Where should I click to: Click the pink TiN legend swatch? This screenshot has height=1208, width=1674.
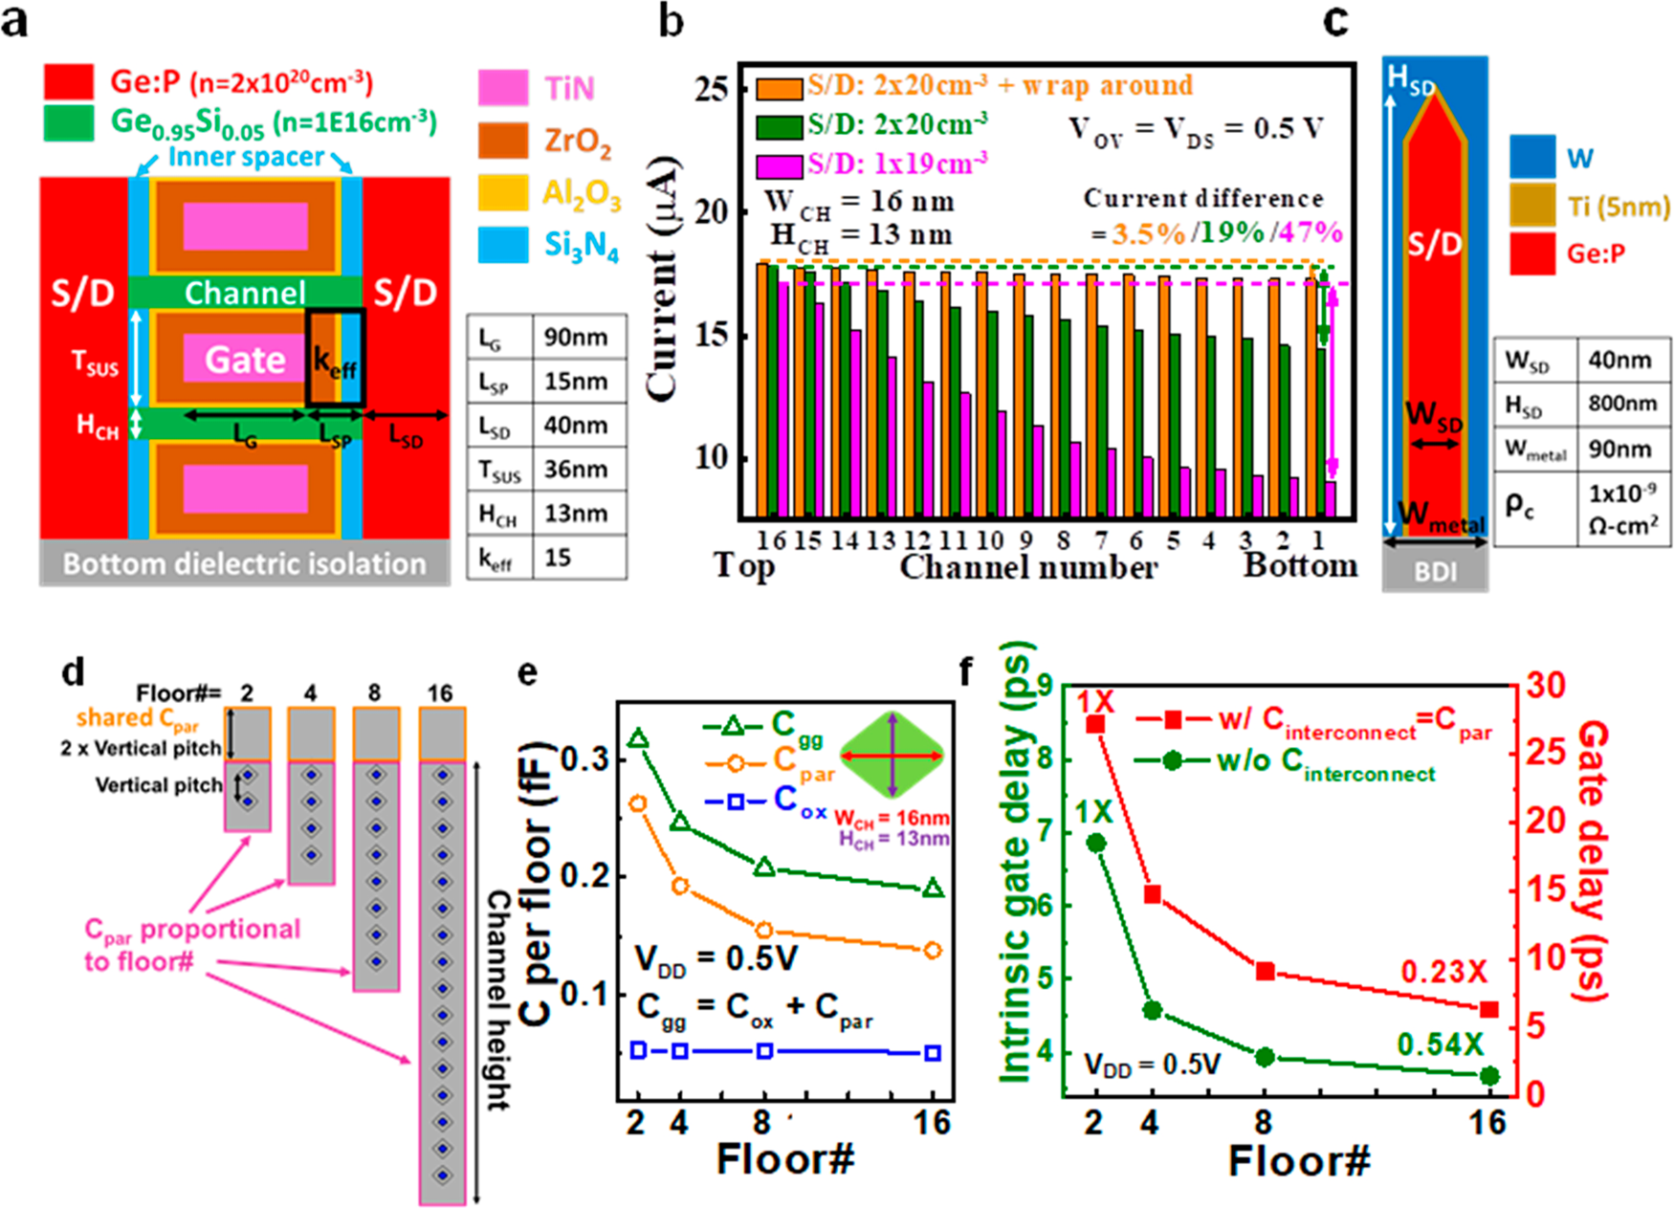click(502, 87)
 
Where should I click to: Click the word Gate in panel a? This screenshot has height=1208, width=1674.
click(245, 360)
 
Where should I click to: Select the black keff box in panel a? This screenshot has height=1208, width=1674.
click(335, 359)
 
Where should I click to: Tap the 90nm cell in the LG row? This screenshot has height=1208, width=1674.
click(576, 337)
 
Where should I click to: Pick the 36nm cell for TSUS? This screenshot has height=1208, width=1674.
click(576, 469)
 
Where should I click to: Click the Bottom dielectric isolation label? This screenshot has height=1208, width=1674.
click(244, 563)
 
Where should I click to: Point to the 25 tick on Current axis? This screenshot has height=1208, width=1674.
click(712, 89)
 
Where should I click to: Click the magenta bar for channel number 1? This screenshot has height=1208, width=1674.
click(1331, 498)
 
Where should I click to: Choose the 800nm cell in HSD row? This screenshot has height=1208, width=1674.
click(1622, 404)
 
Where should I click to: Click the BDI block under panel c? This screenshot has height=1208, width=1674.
click(1434, 571)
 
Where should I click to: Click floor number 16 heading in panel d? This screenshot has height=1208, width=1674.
click(440, 692)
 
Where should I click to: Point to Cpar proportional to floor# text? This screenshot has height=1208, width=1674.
click(191, 944)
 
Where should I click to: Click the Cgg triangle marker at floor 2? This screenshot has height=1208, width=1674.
click(638, 739)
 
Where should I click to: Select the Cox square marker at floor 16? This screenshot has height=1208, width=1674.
click(933, 1052)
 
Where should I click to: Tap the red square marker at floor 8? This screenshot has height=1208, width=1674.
click(1265, 971)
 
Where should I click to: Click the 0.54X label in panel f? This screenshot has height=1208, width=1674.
click(1440, 1044)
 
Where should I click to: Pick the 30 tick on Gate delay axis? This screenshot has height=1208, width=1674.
click(1545, 685)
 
